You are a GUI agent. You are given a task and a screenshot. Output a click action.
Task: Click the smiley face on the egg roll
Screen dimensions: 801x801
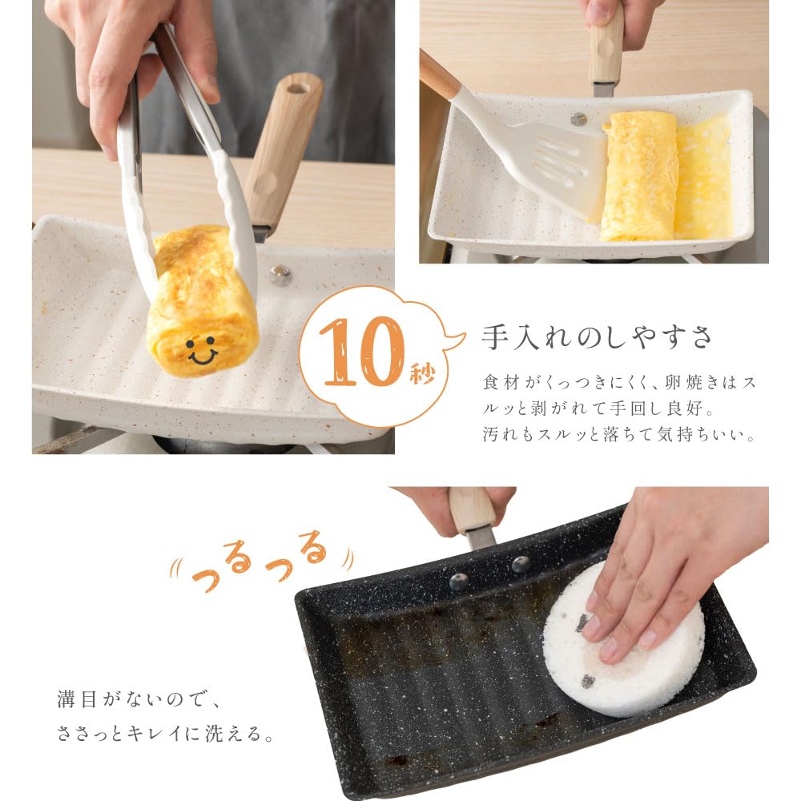(x=201, y=349)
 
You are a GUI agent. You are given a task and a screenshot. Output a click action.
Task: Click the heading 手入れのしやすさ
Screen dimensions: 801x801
(x=596, y=336)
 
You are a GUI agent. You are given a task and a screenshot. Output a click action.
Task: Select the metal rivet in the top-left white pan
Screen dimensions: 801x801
(x=280, y=276)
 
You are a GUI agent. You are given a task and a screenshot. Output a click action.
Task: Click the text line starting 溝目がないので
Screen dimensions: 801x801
(x=137, y=698)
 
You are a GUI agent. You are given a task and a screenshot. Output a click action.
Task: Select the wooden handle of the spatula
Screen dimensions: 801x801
(x=439, y=76)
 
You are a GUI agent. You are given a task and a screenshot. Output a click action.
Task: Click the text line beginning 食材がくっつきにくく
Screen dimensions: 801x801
(x=618, y=382)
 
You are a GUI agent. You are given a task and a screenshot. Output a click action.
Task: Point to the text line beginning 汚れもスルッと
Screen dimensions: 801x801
(x=618, y=436)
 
